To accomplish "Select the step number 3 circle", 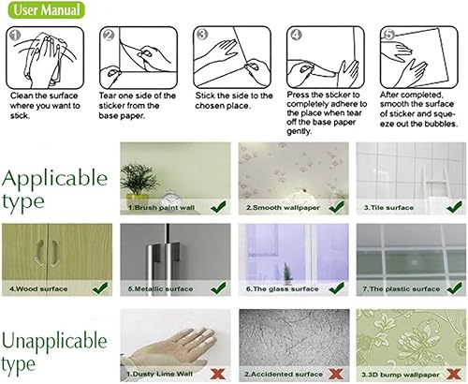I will tap(200, 36).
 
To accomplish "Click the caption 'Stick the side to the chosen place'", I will tap(234, 101).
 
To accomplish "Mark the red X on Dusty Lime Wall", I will tap(218, 375).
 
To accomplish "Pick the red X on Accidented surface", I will tap(334, 375).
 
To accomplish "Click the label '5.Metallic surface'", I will tap(160, 289).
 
